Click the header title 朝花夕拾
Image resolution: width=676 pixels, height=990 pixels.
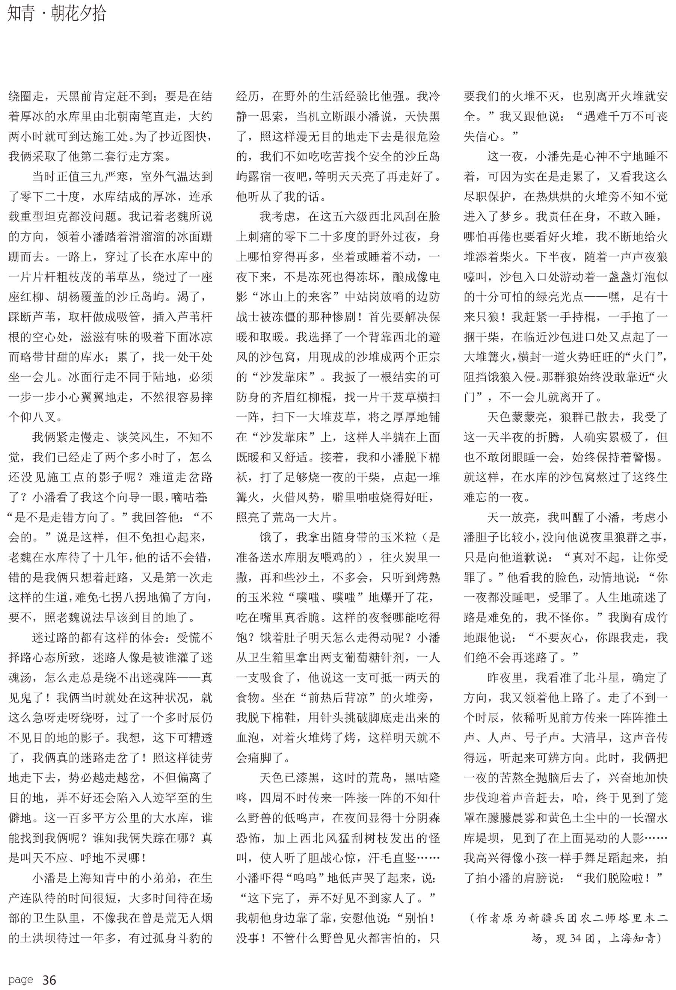(x=78, y=14)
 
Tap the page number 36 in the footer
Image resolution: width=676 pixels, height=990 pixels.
(x=50, y=980)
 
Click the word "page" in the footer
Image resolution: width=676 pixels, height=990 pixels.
(x=20, y=980)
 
